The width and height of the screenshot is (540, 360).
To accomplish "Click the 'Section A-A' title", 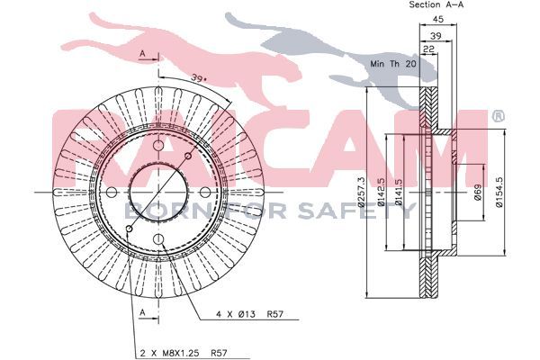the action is click(x=436, y=4).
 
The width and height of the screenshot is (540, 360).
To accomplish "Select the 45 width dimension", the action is click(x=438, y=19).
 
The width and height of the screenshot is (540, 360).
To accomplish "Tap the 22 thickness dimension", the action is click(x=428, y=49).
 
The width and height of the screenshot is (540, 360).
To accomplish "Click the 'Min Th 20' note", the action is click(x=393, y=64).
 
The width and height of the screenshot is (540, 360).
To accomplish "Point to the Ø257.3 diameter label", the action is click(x=361, y=193).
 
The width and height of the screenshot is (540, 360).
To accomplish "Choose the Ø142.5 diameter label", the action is click(x=381, y=193).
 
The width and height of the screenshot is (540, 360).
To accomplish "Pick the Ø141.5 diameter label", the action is click(x=399, y=193).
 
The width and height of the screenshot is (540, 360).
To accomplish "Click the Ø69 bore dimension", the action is click(x=477, y=193).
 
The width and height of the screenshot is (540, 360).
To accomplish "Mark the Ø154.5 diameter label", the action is click(x=499, y=193).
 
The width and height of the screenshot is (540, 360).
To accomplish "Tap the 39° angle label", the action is click(x=199, y=78).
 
